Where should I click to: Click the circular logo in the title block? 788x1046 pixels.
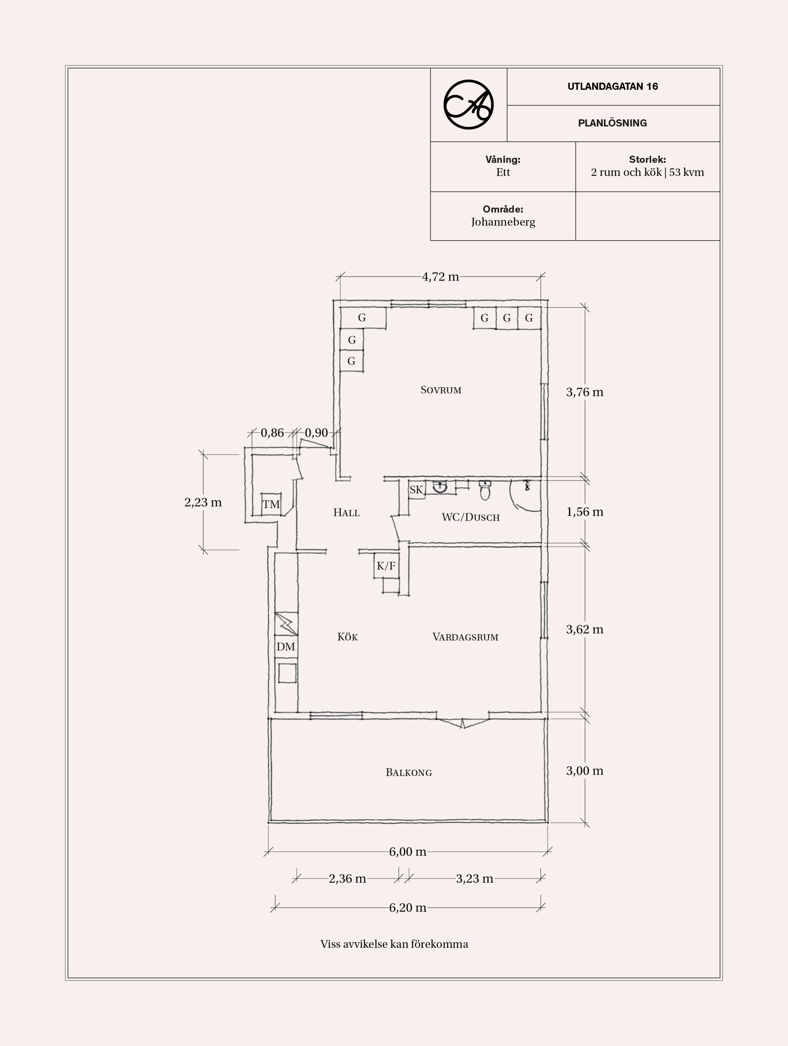tap(468, 104)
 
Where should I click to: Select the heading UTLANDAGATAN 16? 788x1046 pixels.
tap(613, 86)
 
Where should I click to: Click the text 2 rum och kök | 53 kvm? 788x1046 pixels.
tap(647, 172)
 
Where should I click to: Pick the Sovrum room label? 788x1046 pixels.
tap(441, 390)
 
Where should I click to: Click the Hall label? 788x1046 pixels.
tap(346, 512)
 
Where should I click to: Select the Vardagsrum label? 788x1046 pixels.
tap(465, 637)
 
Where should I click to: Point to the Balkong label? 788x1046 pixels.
tap(409, 773)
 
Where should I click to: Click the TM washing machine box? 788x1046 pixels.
tap(271, 504)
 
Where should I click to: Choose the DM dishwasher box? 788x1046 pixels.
tap(286, 647)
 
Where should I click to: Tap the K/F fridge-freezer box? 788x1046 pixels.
tap(386, 565)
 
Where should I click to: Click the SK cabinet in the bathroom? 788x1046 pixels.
tap(416, 489)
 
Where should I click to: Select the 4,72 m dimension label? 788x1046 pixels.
tap(440, 276)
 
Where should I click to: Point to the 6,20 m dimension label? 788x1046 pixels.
tap(408, 908)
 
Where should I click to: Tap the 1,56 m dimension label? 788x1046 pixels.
tap(585, 512)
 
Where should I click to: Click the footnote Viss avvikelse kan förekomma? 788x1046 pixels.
tap(394, 944)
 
